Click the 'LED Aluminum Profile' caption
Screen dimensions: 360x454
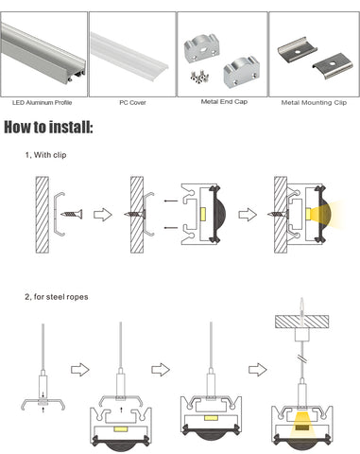pyautogui.click(x=42, y=102)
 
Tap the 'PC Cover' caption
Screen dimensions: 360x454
pyautogui.click(x=132, y=102)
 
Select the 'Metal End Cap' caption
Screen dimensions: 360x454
pyautogui.click(x=224, y=101)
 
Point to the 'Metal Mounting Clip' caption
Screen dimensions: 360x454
pyautogui.click(x=314, y=102)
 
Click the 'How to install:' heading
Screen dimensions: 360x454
pyautogui.click(x=48, y=127)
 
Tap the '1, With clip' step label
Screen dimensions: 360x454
pyautogui.click(x=46, y=155)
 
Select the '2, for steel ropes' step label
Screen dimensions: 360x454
pyautogui.click(x=57, y=297)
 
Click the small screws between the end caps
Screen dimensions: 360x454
pyautogui.click(x=200, y=77)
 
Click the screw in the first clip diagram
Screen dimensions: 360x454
pyautogui.click(x=72, y=214)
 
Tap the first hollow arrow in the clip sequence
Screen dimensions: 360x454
pyautogui.click(x=103, y=215)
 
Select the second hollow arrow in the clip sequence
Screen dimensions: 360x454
pyautogui.click(x=248, y=215)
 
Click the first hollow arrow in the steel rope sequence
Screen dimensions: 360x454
pyautogui.click(x=80, y=370)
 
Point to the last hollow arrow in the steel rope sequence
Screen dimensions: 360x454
pyautogui.click(x=258, y=370)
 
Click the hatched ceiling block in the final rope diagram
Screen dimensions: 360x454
pyautogui.click(x=302, y=322)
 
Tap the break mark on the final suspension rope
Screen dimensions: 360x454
pyautogui.click(x=302, y=358)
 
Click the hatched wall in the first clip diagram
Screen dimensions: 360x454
pyautogui.click(x=43, y=215)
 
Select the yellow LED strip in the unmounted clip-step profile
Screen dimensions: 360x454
pyautogui.click(x=203, y=214)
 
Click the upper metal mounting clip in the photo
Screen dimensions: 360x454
pyautogui.click(x=297, y=49)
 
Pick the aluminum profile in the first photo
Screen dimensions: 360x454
pyautogui.click(x=43, y=54)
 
